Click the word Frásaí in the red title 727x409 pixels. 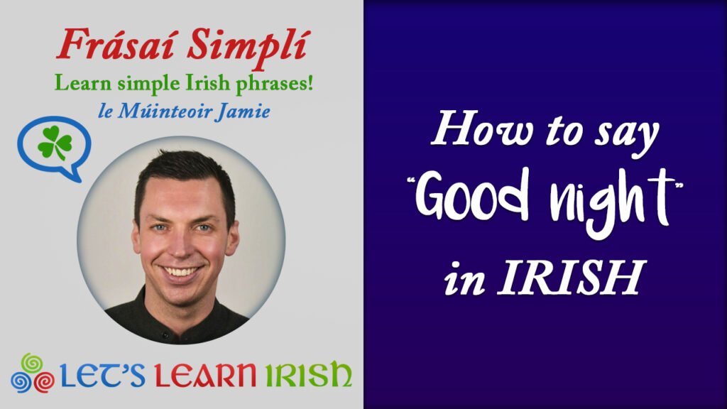click(119, 45)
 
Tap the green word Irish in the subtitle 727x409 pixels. click(207, 83)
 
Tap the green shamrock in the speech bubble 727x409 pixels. click(55, 143)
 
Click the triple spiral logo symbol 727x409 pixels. click(31, 373)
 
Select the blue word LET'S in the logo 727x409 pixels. click(102, 375)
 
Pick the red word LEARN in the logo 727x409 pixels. click(205, 375)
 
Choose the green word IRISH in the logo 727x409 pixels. click(308, 374)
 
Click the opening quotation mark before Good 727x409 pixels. click(411, 180)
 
